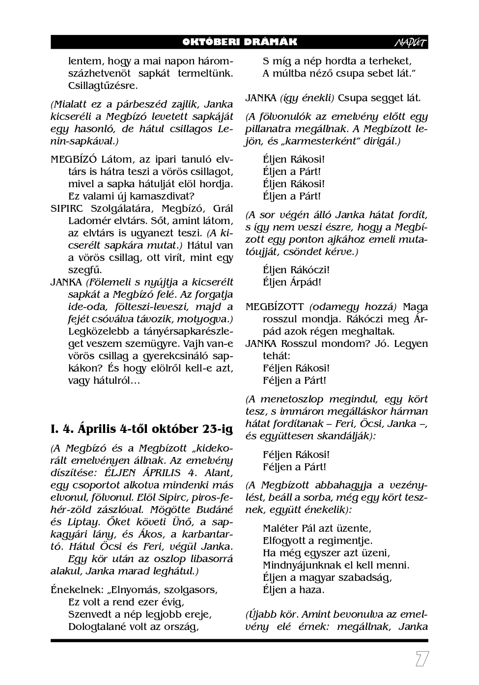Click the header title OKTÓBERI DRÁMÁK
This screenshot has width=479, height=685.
(239, 42)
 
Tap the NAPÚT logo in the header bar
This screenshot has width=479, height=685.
(411, 43)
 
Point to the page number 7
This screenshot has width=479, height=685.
(422, 659)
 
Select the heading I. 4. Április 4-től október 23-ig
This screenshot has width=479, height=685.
(141, 429)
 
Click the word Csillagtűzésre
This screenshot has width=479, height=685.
(103, 86)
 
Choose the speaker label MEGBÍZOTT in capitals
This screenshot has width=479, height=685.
(275, 307)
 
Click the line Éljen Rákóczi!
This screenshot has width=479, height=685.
(296, 270)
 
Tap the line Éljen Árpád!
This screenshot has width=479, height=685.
(292, 282)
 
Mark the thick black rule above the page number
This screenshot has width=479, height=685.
(239, 640)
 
